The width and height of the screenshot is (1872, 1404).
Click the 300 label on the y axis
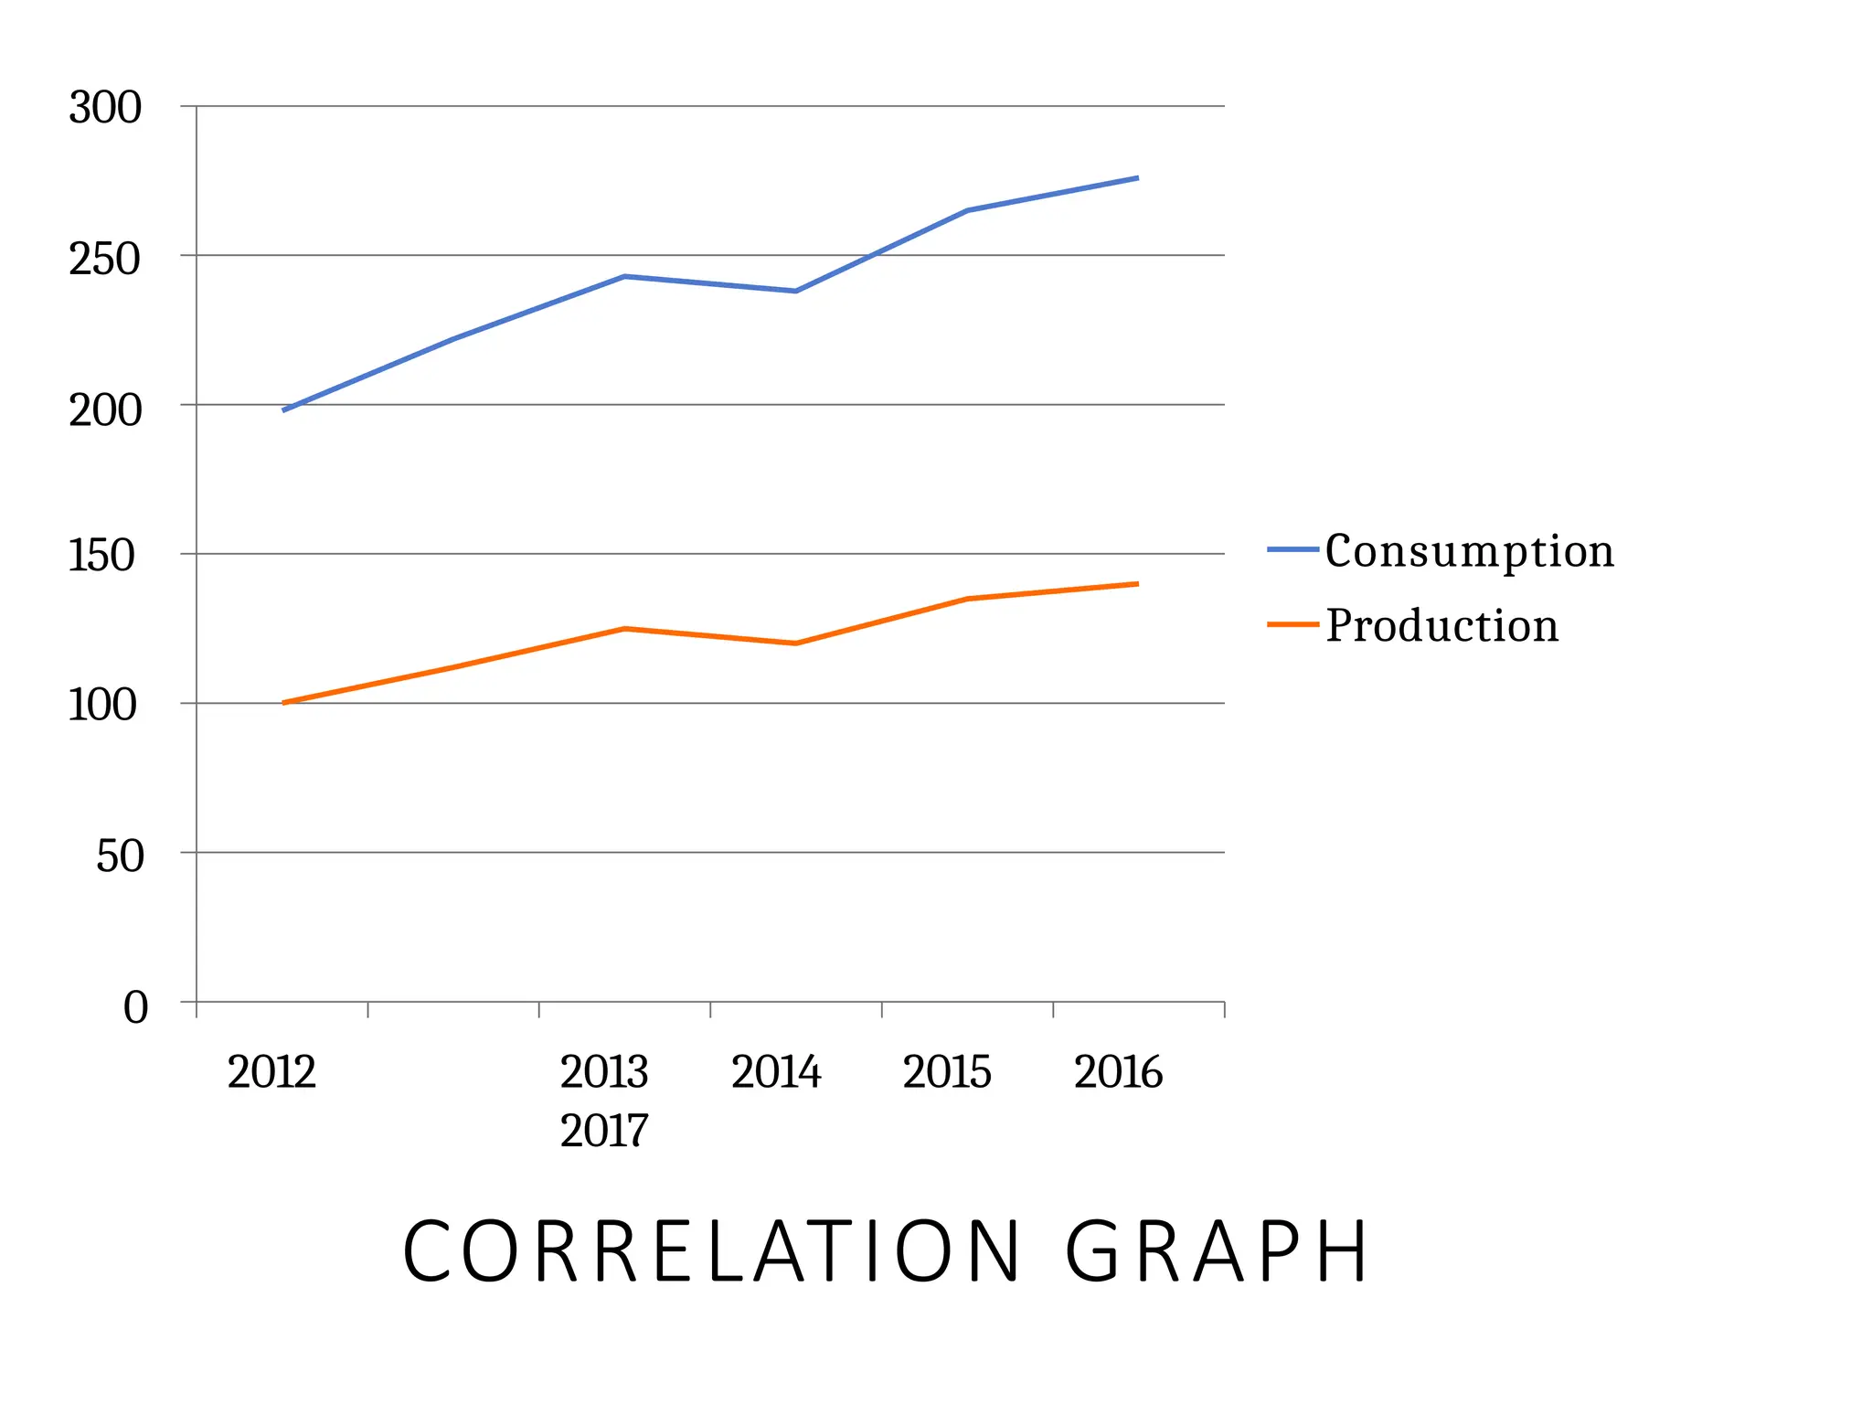[105, 108]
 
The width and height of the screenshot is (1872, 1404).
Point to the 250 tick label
[105, 259]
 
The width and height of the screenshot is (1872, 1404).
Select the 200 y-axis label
[105, 409]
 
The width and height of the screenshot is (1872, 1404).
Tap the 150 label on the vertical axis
[101, 555]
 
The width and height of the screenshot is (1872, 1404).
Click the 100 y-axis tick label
[101, 705]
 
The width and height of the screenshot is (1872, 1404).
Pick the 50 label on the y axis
[120, 856]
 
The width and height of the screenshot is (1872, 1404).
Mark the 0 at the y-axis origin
[135, 1007]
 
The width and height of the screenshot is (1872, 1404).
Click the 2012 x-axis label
[271, 1071]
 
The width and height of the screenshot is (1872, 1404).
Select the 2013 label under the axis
[604, 1071]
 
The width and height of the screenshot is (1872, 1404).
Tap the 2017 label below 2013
[604, 1131]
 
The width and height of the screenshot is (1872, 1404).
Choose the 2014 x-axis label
[776, 1071]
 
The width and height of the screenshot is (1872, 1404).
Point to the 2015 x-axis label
[947, 1071]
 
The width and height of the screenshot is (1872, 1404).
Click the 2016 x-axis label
[1118, 1071]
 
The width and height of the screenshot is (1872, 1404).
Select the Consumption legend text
[1469, 551]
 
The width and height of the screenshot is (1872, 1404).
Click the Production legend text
[1441, 625]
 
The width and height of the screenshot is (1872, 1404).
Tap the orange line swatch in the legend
[1292, 624]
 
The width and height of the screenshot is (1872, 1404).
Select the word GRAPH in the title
[1217, 1251]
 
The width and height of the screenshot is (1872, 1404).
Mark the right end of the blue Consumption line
[1136, 178]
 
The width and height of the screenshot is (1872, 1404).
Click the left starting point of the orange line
[285, 702]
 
